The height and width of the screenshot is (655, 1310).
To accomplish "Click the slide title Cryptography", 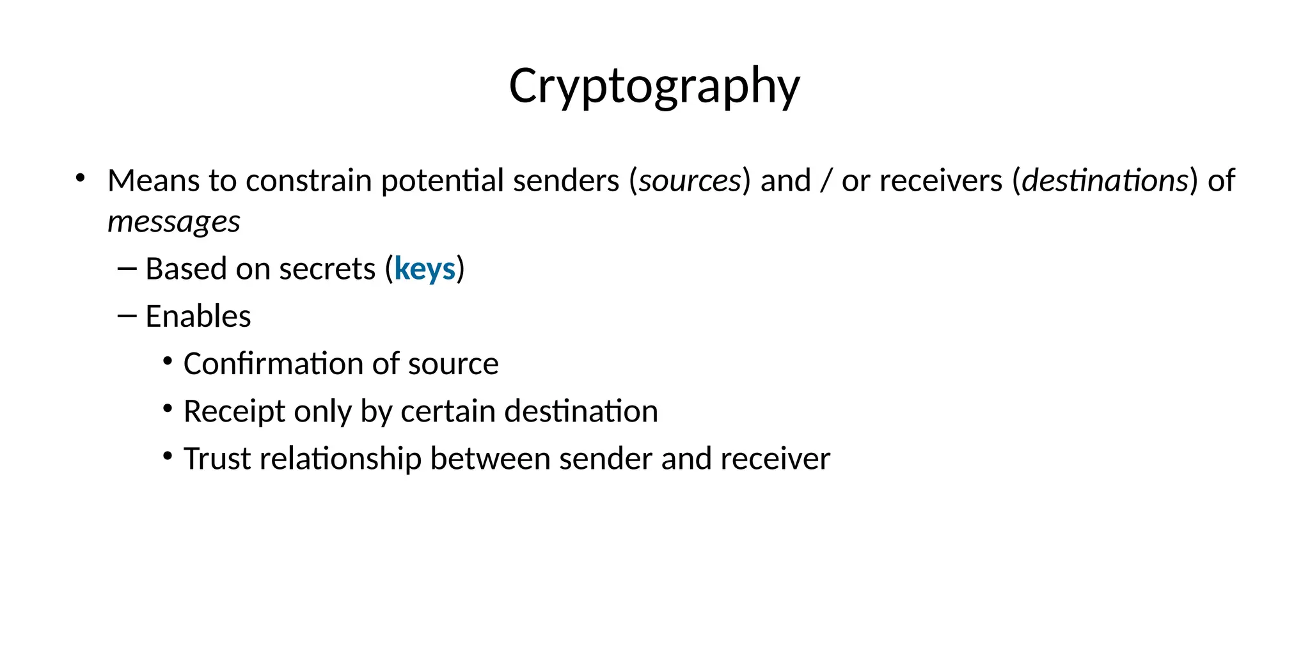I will tap(654, 86).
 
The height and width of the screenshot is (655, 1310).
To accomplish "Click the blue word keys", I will tap(425, 269).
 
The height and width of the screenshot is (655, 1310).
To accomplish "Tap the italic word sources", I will tap(690, 181).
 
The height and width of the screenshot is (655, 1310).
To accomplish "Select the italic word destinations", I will tap(1105, 181).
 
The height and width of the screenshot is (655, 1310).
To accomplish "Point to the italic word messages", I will tap(174, 223).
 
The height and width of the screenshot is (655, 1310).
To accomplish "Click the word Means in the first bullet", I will tap(153, 181).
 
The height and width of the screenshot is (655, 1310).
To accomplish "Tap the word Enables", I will tap(198, 317).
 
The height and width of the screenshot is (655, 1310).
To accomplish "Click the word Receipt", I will tap(234, 411).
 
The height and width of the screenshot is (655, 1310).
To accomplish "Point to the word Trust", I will tap(217, 459).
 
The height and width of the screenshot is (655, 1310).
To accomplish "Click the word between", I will tap(490, 459).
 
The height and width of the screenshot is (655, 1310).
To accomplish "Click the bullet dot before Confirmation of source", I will tap(168, 361).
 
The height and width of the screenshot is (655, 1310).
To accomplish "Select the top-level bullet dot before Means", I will tap(80, 178).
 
